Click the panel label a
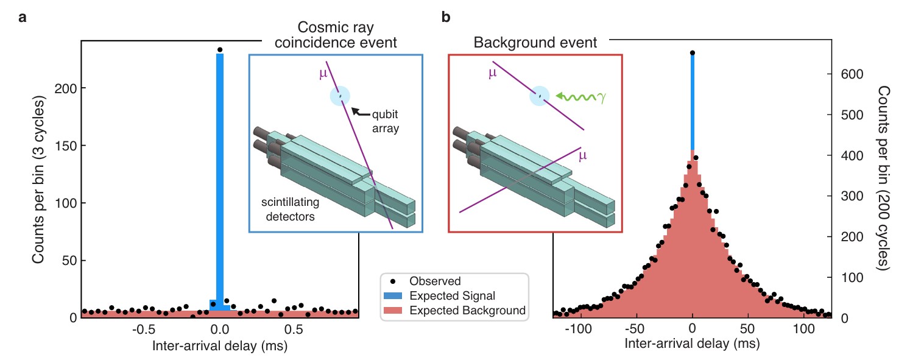coord(23,18)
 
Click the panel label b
coord(445,18)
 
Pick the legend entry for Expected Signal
coord(452,296)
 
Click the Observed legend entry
coord(435,281)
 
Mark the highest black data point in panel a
coord(220,50)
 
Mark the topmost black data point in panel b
coord(693,53)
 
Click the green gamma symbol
coord(602,96)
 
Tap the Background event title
coord(535,43)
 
